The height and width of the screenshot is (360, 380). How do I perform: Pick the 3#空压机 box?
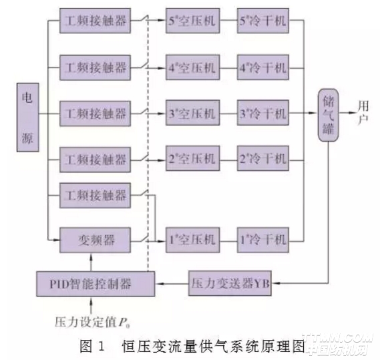coord(190,113)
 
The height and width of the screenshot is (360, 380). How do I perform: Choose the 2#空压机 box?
coord(190,160)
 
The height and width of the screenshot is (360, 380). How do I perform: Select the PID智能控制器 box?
coord(93,283)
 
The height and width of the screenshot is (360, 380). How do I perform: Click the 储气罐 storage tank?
coord(328,114)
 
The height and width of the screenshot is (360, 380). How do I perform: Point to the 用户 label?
coord(364,114)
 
